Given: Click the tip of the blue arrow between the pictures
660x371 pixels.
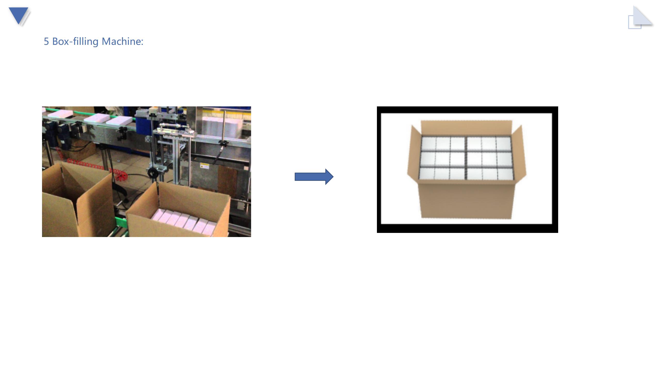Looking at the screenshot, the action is tap(333, 177).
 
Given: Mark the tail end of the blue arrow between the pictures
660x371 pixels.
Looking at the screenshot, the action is tap(295, 177).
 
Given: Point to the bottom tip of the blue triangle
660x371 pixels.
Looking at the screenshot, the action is tap(19, 25).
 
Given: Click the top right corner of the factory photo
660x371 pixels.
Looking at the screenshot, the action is tap(251, 106).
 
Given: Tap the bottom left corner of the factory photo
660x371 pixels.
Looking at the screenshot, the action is tap(42, 237).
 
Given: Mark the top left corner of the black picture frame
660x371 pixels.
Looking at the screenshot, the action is tap(377, 106).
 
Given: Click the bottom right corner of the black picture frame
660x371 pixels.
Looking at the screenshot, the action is tap(558, 233).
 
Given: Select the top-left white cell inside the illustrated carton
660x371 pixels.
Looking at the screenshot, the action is tap(428, 143).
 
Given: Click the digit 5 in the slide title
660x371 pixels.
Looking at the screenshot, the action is tap(46, 41).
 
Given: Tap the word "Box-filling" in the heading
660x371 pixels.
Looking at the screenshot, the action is tap(75, 41).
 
